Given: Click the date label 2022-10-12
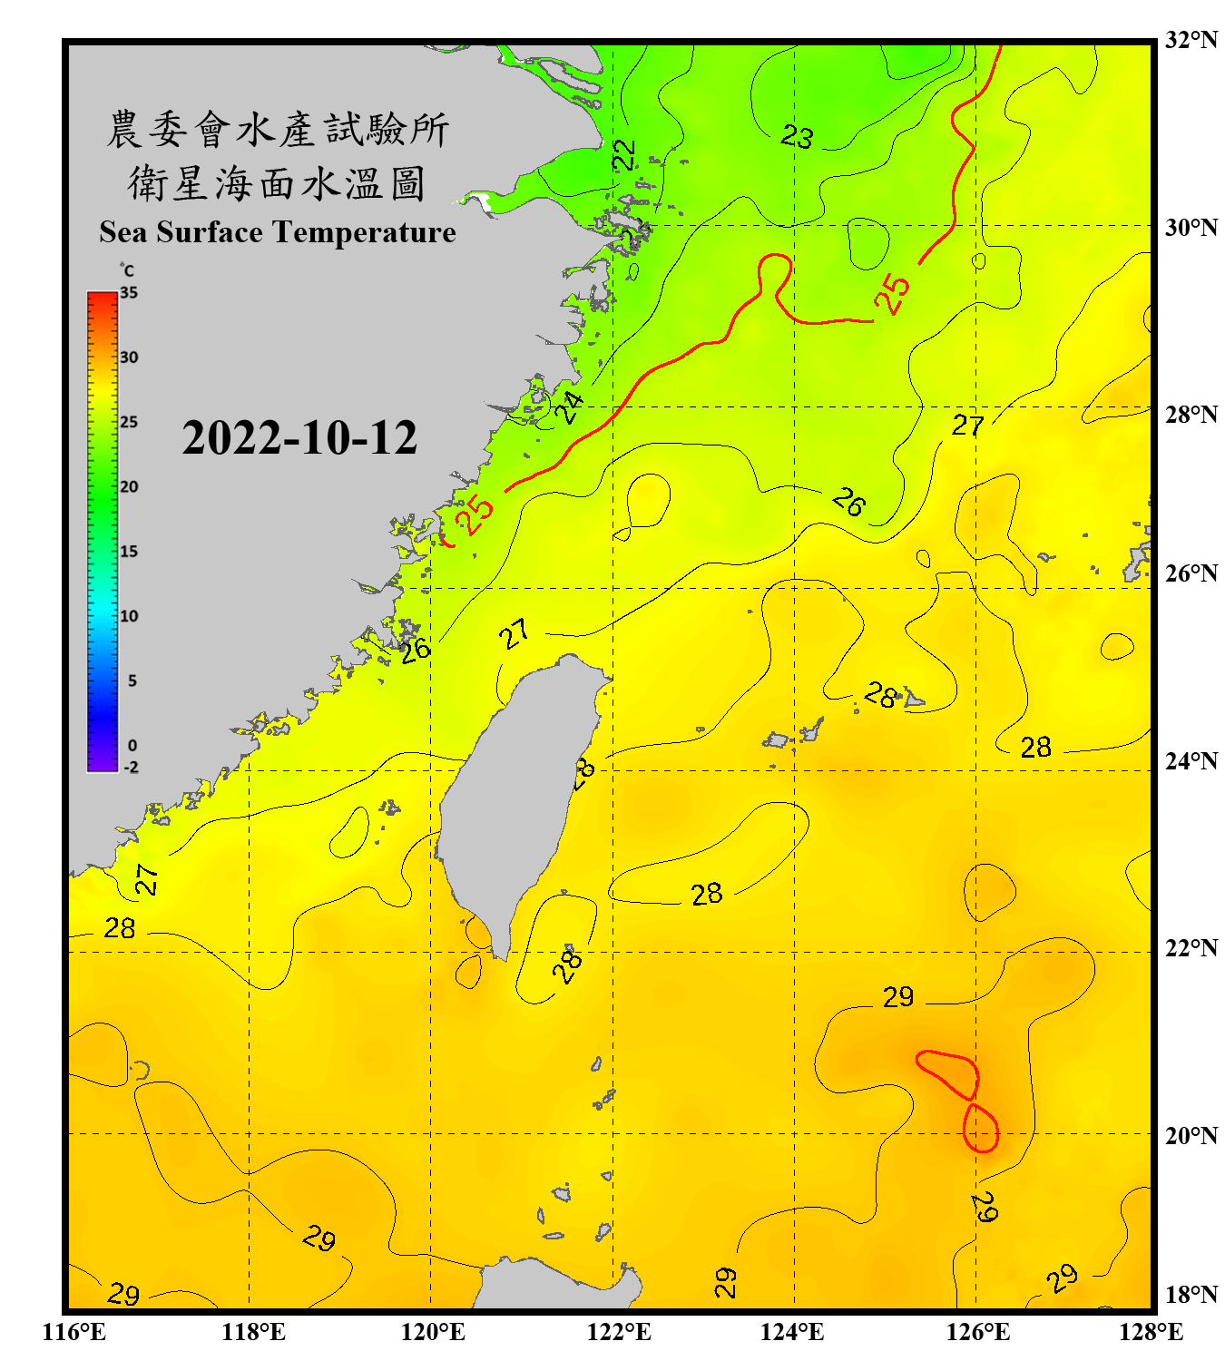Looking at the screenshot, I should [x=299, y=438].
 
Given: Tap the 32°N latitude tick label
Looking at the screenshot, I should [x=1191, y=40].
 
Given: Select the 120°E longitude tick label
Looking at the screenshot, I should [x=433, y=1332].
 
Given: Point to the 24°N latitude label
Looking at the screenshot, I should [x=1191, y=760].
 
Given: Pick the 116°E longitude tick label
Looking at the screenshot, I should [x=74, y=1332].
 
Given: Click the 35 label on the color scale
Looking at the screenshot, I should [x=129, y=292].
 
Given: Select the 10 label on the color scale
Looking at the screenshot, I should [x=129, y=616].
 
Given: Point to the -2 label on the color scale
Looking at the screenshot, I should [x=131, y=768].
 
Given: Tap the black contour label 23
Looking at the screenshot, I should [x=797, y=137].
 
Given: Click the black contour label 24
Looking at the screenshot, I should [x=569, y=407].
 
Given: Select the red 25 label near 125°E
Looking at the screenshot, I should [x=893, y=293].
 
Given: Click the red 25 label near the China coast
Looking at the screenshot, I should [x=475, y=515].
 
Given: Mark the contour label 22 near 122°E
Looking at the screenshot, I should [x=624, y=155].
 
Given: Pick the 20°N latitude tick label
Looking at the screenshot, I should [x=1191, y=1135].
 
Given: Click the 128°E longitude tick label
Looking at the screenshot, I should [x=1151, y=1332].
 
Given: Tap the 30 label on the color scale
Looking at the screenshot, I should [x=129, y=357].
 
